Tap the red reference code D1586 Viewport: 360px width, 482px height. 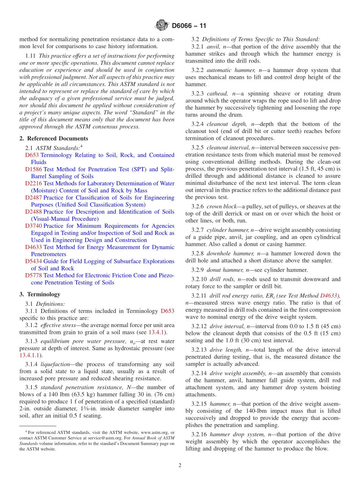(x=33, y=169)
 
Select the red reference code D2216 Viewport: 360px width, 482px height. (x=33, y=183)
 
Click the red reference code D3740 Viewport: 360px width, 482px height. (x=33, y=226)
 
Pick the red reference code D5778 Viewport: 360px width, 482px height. (x=33, y=275)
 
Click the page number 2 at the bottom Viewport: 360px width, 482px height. (x=180, y=466)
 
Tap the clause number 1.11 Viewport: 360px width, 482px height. (x=31, y=56)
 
